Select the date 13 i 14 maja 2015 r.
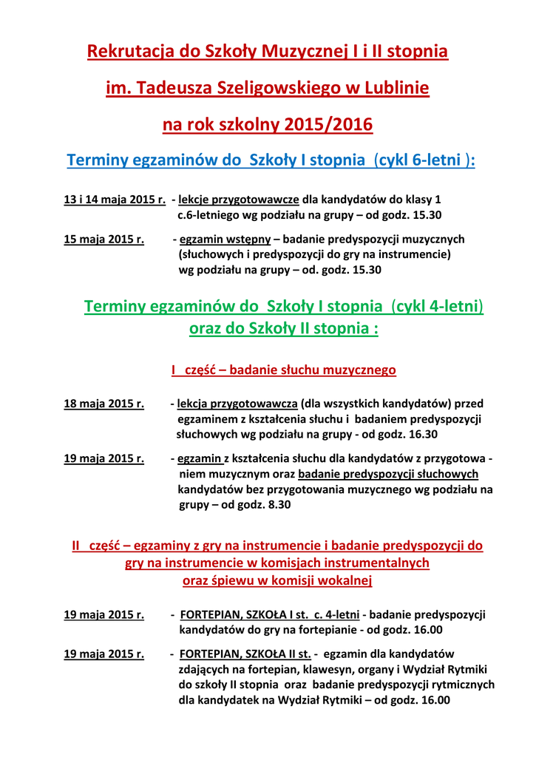click(x=115, y=200)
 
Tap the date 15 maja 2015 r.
click(x=104, y=240)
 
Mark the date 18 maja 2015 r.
click(x=104, y=404)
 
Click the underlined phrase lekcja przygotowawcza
click(x=237, y=404)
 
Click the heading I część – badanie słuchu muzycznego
click(x=284, y=370)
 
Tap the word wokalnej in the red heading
click(x=342, y=580)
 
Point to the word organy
click(x=382, y=669)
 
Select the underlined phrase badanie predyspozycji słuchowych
click(x=388, y=474)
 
